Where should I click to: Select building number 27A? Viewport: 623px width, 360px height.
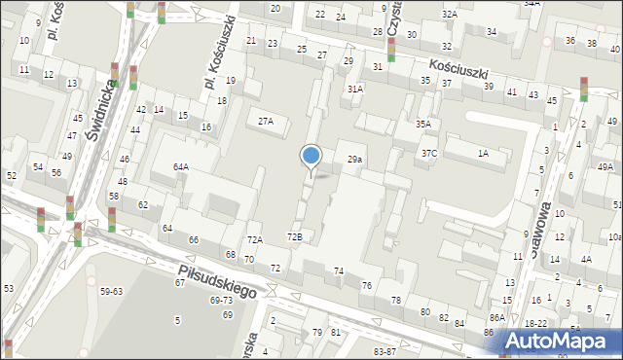click(x=265, y=122)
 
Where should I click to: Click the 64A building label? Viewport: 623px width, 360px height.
click(x=181, y=166)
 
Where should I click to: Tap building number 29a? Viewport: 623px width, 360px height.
click(x=355, y=159)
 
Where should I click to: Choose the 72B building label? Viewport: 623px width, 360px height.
click(x=294, y=236)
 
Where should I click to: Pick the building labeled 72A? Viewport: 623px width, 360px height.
click(x=254, y=239)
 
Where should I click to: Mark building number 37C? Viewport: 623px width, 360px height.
click(x=429, y=154)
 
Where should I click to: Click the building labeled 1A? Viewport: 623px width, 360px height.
click(x=482, y=153)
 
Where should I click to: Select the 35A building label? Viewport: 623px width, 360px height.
click(x=422, y=125)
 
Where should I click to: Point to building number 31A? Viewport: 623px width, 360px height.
click(x=355, y=89)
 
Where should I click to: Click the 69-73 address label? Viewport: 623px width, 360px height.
click(x=221, y=301)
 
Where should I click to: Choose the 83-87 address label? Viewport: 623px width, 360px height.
click(x=385, y=351)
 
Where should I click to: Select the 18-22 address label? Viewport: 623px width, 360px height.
click(x=535, y=323)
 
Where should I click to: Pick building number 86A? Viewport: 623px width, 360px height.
click(x=496, y=318)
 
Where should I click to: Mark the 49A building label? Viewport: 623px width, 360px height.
click(x=605, y=167)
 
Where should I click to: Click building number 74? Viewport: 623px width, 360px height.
click(x=339, y=270)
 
